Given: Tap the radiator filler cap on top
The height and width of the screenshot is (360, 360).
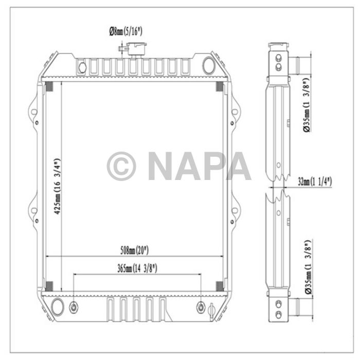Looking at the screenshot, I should click(137, 49).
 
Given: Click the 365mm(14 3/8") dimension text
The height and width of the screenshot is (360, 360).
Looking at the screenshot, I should click(137, 268).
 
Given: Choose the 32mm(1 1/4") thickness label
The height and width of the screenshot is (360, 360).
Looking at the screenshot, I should click(315, 182).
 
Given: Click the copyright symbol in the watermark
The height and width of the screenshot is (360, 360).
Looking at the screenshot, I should click(121, 166).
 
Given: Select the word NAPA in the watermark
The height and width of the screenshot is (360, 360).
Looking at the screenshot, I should click(200, 166).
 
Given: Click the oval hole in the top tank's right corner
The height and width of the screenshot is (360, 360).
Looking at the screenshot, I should click(209, 65).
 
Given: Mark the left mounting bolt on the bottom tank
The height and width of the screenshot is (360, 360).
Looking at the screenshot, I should click(74, 307).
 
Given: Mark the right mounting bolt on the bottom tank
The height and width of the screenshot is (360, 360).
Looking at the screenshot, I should click(201, 307).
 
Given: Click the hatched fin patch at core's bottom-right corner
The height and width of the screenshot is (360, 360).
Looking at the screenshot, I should click(220, 286).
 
